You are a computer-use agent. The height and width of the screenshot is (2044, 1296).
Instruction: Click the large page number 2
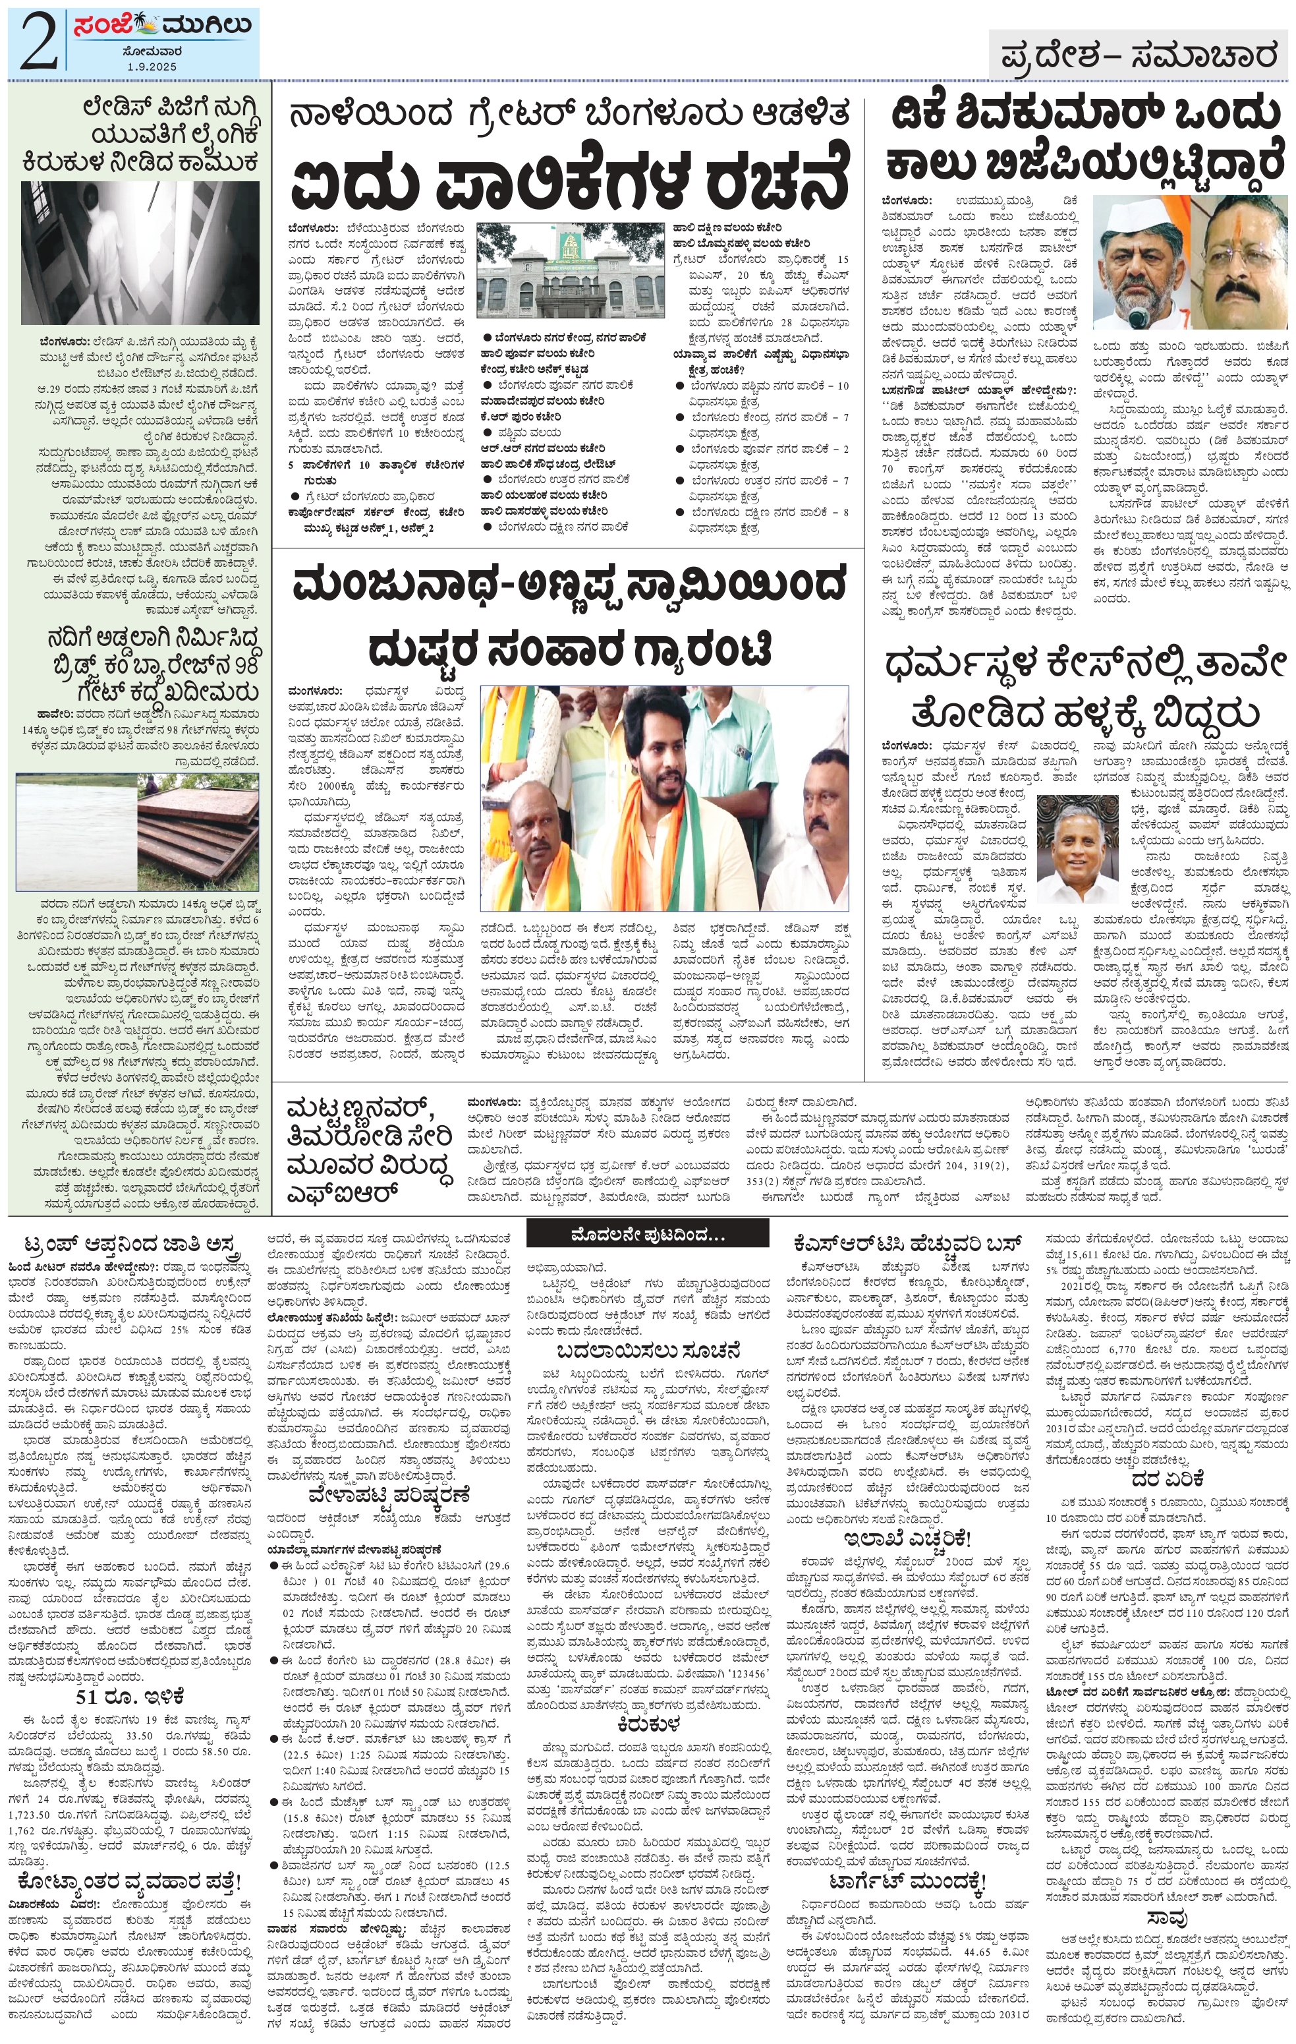38,42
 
